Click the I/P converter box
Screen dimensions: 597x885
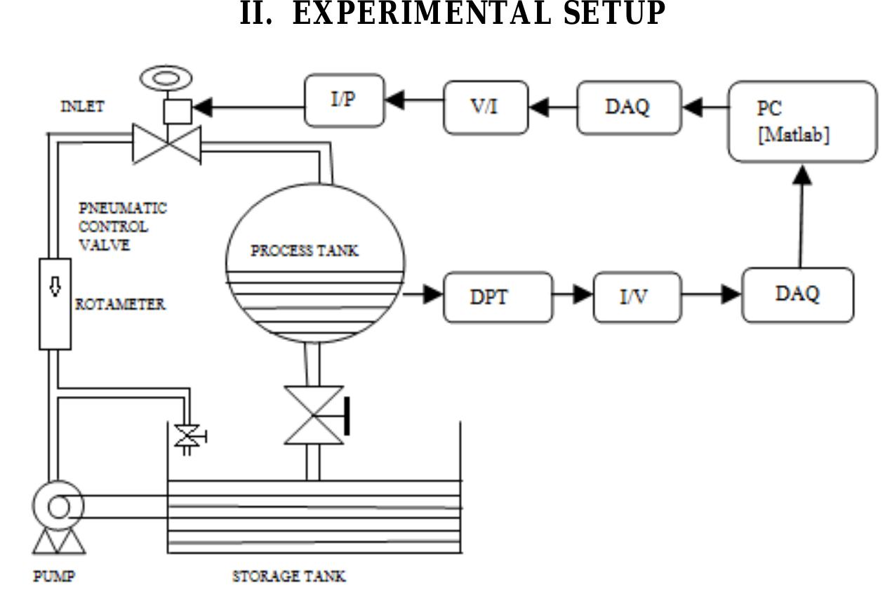click(345, 100)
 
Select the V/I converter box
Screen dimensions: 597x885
click(486, 107)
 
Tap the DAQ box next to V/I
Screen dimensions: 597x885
click(628, 107)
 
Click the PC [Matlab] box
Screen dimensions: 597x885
click(802, 122)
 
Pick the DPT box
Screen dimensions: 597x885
click(498, 297)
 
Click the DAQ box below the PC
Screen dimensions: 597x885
click(797, 295)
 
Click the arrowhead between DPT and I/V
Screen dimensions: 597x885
click(583, 294)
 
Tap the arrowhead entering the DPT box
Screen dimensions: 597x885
click(432, 294)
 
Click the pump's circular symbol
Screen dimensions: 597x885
click(58, 506)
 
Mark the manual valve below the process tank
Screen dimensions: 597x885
click(314, 415)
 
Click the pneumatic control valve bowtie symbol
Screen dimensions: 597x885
click(167, 145)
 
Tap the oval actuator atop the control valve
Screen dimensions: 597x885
click(166, 78)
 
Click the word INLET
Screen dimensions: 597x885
click(82, 107)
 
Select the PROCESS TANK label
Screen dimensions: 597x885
click(305, 251)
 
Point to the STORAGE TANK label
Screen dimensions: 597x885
click(288, 577)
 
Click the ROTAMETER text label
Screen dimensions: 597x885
click(120, 305)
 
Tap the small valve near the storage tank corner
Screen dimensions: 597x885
click(187, 437)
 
